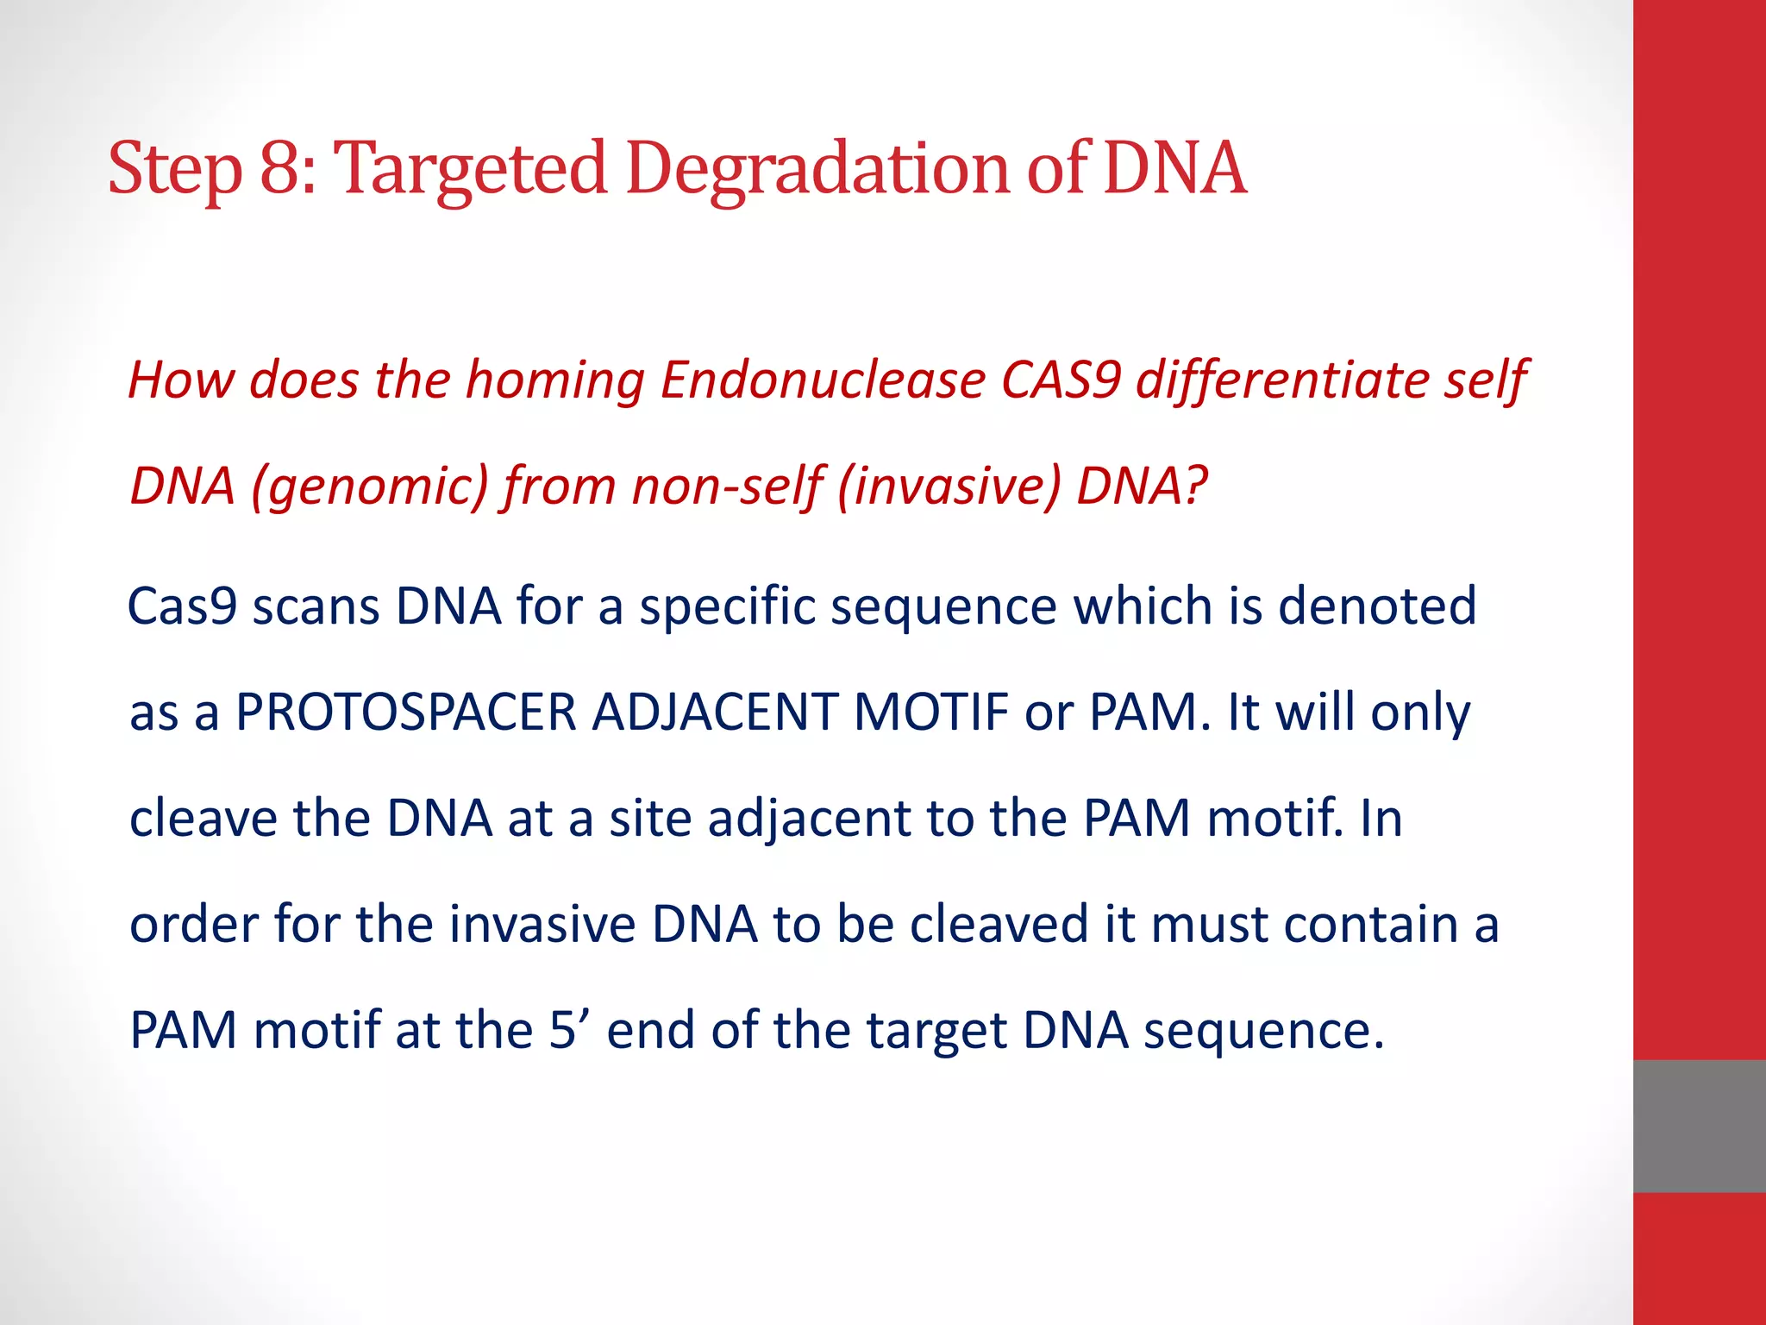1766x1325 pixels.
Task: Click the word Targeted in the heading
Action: (x=470, y=169)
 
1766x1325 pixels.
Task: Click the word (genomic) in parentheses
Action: (x=370, y=486)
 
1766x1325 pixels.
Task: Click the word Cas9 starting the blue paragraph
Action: (x=183, y=606)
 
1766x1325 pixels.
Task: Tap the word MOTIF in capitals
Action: (x=931, y=713)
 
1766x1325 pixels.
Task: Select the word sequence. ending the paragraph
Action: (x=1263, y=1032)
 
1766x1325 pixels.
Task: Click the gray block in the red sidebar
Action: (x=1699, y=1126)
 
